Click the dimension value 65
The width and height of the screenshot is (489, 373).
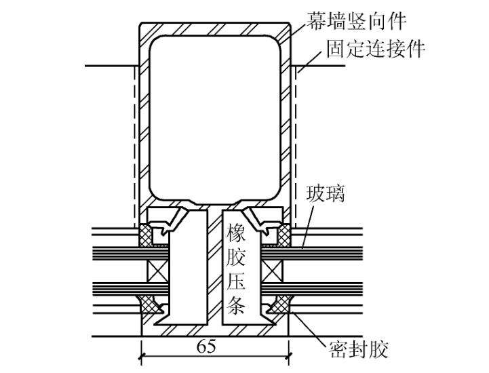[x=206, y=347]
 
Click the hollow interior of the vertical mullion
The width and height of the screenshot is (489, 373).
[x=215, y=115]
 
